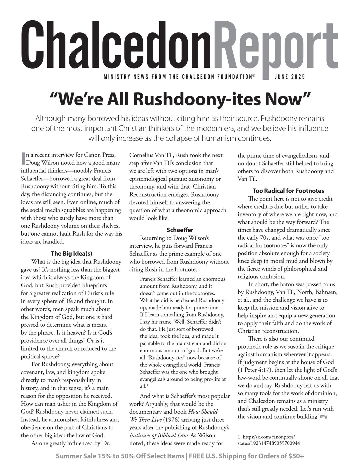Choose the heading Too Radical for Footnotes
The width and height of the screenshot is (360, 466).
click(288, 191)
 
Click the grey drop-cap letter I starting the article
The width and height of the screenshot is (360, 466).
click(23, 159)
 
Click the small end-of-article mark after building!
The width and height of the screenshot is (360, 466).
click(324, 417)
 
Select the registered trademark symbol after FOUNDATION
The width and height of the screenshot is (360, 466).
click(254, 76)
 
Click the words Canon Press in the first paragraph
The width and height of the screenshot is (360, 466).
click(101, 155)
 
